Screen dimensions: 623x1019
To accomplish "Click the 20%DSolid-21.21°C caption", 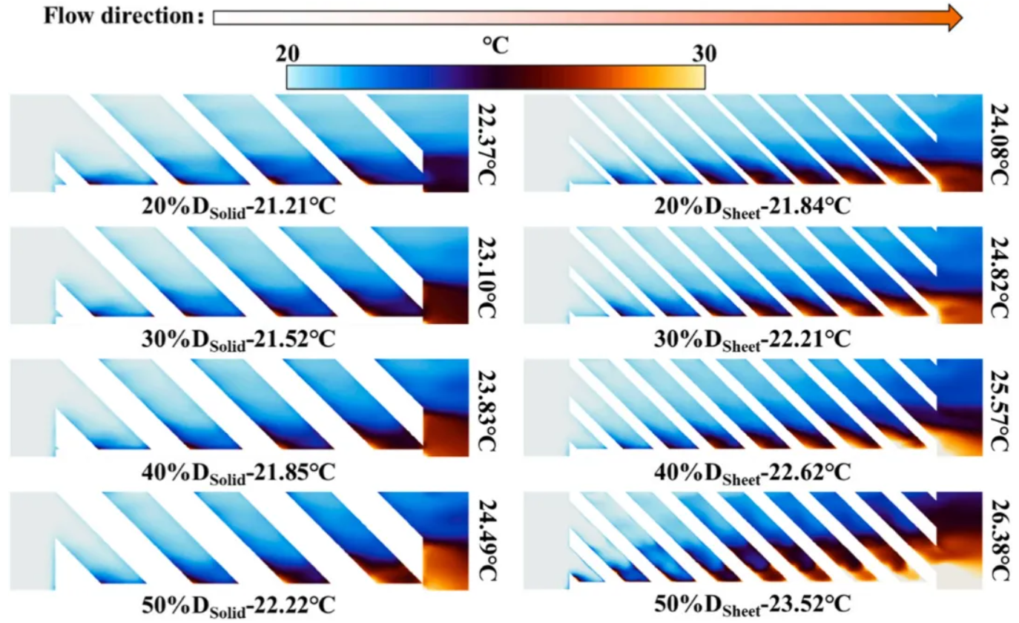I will pyautogui.click(x=238, y=206).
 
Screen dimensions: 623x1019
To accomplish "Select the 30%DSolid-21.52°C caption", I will pyautogui.click(x=238, y=338).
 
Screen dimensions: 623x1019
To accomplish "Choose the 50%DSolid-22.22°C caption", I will pyautogui.click(x=238, y=604).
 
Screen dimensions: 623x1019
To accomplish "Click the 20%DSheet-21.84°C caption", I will pyautogui.click(x=752, y=206).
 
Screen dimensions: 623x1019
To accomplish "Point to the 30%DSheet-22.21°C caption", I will pyautogui.click(x=752, y=338).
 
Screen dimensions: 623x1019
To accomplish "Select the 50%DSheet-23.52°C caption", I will pyautogui.click(x=752, y=604).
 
